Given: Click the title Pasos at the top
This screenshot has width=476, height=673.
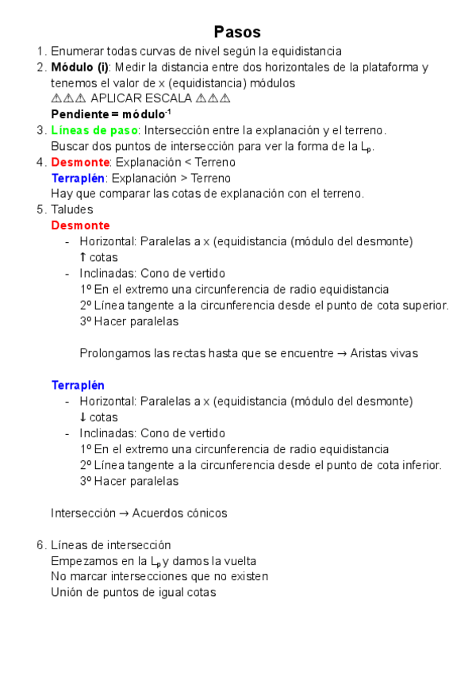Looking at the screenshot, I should [237, 32].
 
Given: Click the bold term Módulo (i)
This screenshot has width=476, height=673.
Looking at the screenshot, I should [80, 67].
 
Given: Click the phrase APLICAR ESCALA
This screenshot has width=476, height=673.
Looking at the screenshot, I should [141, 98].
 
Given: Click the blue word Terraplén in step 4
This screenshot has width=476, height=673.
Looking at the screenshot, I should [78, 178].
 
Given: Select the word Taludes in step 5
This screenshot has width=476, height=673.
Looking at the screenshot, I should [72, 210].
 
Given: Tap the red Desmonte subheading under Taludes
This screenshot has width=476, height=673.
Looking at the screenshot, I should [80, 225].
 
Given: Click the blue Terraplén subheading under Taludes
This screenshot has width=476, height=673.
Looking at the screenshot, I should [78, 385].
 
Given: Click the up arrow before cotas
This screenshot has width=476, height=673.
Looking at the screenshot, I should [83, 257].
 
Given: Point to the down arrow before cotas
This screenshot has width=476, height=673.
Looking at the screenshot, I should [83, 417].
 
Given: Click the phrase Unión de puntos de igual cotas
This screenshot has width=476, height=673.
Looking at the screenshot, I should [133, 592].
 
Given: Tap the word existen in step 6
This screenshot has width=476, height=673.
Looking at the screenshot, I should [247, 576].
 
